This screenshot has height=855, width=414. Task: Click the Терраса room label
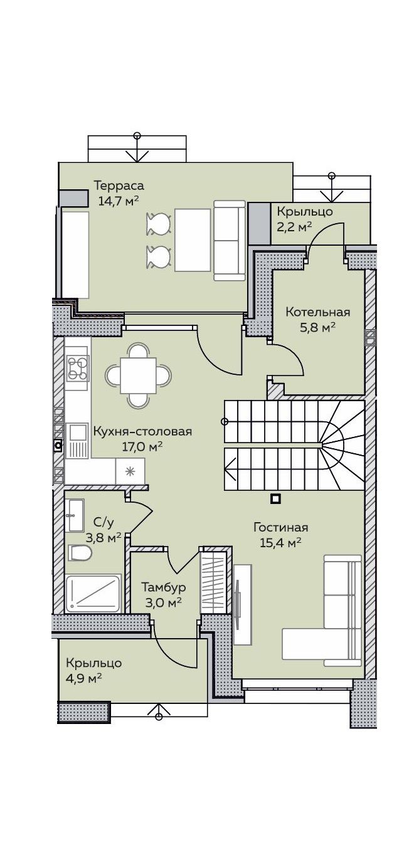(119, 186)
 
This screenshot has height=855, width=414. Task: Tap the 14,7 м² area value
(118, 201)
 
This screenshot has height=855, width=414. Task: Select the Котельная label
(318, 312)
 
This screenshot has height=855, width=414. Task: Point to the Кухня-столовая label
(142, 432)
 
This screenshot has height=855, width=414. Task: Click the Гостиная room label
(281, 528)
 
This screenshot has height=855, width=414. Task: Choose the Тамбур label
(164, 587)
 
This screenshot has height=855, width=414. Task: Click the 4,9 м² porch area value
(83, 678)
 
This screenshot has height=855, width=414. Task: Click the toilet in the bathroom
(80, 553)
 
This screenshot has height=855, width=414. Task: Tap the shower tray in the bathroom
(93, 594)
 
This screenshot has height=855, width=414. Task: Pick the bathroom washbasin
(74, 515)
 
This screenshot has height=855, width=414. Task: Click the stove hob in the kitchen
(78, 368)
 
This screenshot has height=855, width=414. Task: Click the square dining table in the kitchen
(138, 375)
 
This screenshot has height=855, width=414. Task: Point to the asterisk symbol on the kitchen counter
(130, 471)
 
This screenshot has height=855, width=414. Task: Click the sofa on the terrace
(229, 241)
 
